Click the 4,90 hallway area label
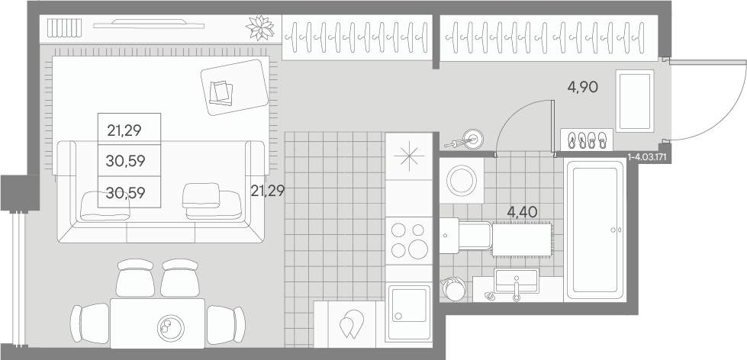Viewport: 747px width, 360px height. pos(583,87)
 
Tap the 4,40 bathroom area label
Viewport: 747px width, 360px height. pos(523,212)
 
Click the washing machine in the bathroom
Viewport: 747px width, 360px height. pos(461,181)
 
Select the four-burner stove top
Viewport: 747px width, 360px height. pos(409,241)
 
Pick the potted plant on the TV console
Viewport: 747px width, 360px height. pos(261,27)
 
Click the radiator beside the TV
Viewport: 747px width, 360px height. pos(64,28)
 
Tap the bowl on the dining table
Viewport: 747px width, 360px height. pos(171,328)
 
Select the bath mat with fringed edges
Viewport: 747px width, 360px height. pos(522,239)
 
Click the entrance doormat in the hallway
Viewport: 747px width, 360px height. pos(635,101)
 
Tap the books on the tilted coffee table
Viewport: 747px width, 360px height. pos(221,93)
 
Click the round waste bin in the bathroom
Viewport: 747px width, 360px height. pos(453,289)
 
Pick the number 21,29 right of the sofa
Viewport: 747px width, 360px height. pos(267,191)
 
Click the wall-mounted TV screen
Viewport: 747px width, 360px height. pos(149,24)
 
